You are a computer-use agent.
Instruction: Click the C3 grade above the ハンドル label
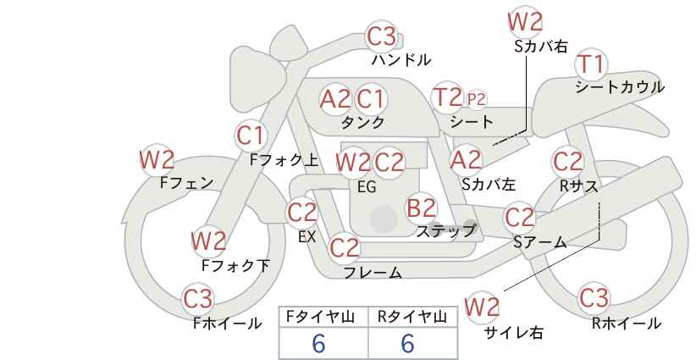tap(382, 36)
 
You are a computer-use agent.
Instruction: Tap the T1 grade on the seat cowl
tap(590, 64)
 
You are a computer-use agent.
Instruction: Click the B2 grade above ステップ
tap(421, 208)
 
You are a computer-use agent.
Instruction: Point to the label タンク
tap(362, 123)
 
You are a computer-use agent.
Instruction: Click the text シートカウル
tap(620, 87)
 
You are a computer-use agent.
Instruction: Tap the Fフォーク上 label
tap(284, 160)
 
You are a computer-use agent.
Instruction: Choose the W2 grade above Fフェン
tap(157, 161)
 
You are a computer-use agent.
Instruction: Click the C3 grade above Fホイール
tap(198, 299)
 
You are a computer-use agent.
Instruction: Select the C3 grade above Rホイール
tap(594, 298)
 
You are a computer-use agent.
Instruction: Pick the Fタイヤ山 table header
tap(320, 317)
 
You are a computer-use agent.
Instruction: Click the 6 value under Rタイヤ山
tap(407, 343)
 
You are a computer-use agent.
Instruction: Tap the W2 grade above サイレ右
tap(482, 307)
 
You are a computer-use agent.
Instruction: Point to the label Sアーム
tap(540, 242)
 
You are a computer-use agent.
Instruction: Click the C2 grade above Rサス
tap(567, 162)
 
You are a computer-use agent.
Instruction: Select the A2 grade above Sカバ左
tap(466, 161)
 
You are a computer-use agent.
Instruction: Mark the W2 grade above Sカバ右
tap(525, 22)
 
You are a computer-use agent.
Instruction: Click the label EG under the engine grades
tap(367, 187)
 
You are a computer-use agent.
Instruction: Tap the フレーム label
tap(373, 272)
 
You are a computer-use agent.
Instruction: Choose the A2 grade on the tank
tap(334, 100)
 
